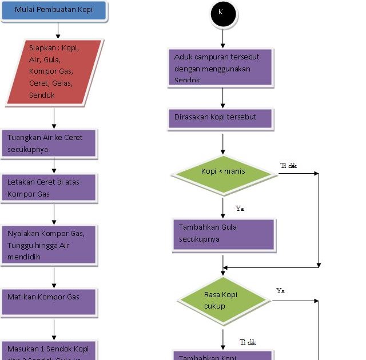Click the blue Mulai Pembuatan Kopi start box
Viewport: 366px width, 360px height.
click(53, 10)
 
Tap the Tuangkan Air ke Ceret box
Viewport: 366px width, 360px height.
click(50, 143)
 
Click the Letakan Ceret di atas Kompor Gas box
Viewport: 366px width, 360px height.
click(49, 188)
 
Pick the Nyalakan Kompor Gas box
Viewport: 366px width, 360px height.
click(49, 245)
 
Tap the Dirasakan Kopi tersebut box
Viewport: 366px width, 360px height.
click(220, 118)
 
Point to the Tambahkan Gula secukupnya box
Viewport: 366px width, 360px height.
click(224, 234)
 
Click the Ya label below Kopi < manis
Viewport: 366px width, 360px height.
click(240, 209)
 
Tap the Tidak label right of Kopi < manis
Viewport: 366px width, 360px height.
click(288, 166)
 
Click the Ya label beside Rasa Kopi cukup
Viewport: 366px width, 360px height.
click(280, 291)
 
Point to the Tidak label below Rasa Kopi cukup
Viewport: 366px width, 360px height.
click(248, 342)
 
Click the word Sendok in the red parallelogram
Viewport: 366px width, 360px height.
click(42, 95)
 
